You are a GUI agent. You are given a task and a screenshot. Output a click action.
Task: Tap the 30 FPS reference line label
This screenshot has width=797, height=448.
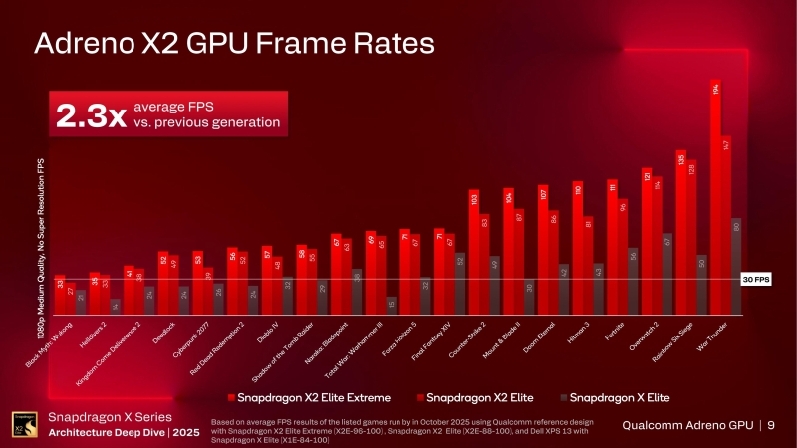click(757, 280)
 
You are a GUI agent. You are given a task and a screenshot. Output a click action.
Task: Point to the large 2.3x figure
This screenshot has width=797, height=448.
click(90, 115)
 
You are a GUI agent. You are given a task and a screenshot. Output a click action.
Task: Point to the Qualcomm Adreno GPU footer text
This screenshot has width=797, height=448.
click(687, 426)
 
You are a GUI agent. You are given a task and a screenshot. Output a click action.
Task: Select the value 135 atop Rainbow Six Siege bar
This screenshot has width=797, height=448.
click(681, 159)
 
